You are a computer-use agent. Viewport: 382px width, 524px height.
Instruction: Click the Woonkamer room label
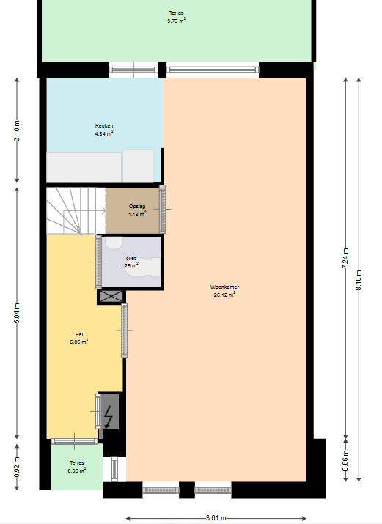(224, 287)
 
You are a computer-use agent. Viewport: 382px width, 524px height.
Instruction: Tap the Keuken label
(104, 125)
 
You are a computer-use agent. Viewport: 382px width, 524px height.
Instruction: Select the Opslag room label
(137, 206)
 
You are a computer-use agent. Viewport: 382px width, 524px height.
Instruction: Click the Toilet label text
(130, 258)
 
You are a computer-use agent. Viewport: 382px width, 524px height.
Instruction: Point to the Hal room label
(79, 334)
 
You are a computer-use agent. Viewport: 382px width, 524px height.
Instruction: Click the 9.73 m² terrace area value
(177, 21)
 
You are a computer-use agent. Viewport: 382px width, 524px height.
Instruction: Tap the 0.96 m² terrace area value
(77, 471)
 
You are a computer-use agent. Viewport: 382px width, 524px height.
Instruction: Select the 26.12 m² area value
(224, 295)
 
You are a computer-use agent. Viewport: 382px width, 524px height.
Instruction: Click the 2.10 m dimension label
(17, 130)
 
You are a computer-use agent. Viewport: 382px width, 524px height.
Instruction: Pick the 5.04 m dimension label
(17, 313)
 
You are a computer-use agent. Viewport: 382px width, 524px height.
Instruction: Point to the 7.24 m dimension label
(345, 258)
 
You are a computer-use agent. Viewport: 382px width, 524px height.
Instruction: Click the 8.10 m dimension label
(359, 280)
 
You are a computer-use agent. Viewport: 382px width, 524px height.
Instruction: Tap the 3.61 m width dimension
(216, 518)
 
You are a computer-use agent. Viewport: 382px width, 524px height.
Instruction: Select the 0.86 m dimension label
(345, 460)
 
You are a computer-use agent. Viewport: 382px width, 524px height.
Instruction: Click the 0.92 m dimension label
(17, 467)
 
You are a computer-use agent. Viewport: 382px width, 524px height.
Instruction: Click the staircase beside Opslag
(76, 210)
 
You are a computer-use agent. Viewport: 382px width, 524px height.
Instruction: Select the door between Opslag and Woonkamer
(163, 209)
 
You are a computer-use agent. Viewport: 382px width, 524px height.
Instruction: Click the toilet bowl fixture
(143, 268)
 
